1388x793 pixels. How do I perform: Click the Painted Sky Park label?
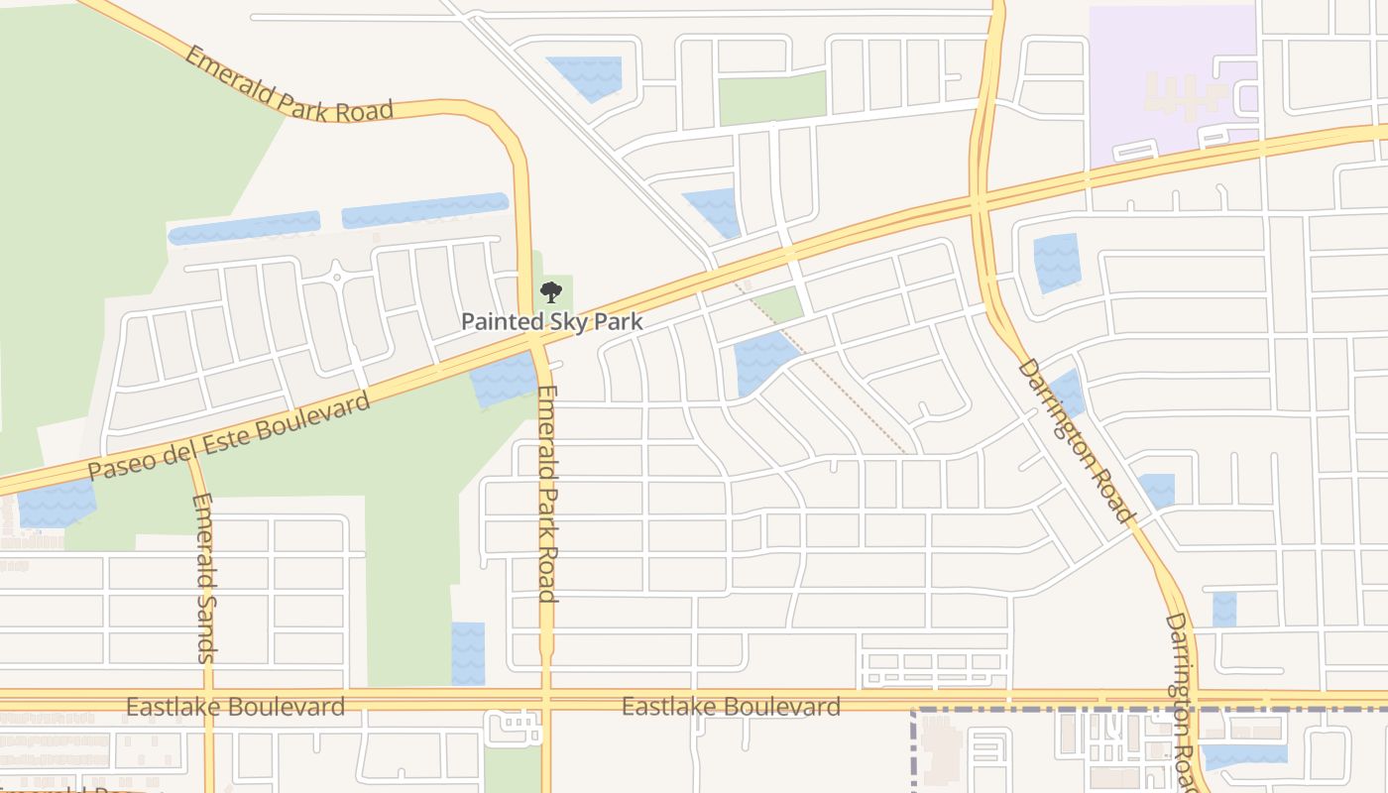coord(552,321)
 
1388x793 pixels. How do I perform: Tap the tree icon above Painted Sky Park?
coord(551,292)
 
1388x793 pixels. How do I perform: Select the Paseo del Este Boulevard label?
coord(229,435)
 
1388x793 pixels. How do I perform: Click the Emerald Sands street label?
coord(204,577)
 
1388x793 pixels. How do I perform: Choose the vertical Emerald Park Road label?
coord(546,493)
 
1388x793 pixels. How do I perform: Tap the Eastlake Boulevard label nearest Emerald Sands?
coord(235,707)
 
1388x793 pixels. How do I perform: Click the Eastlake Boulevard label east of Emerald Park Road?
coord(731,707)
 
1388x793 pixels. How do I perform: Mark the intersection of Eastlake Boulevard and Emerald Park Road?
coord(544,700)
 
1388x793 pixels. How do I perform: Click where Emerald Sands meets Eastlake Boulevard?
coord(209,700)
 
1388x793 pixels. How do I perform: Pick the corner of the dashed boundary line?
coord(914,710)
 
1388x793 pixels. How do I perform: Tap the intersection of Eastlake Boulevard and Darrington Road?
coord(1197,700)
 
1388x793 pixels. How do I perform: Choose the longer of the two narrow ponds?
coord(425,210)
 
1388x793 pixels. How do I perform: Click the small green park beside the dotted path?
coord(781,305)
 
